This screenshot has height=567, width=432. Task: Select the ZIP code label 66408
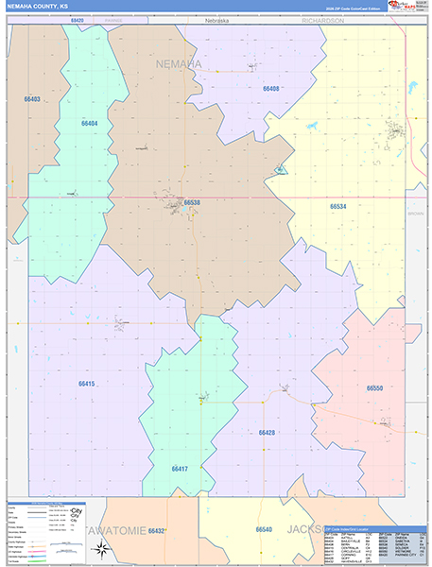tap(270, 88)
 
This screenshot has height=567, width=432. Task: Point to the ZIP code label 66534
tap(337, 206)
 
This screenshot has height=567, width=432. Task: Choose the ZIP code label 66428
tap(267, 432)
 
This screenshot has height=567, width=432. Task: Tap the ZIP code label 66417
tap(180, 469)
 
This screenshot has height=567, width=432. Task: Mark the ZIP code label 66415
tap(86, 384)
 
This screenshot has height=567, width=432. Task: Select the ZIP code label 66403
tap(32, 98)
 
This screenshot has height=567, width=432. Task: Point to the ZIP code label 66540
tap(264, 530)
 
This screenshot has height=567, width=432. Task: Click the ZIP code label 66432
tap(156, 531)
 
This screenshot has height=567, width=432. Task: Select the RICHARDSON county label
tap(322, 19)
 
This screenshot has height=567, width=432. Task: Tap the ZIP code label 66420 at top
tap(77, 19)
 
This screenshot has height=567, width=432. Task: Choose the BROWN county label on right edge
tap(416, 214)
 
